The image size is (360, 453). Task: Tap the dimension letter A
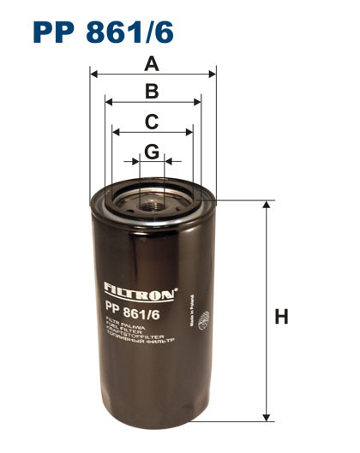pos(152,63)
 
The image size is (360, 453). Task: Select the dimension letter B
pos(152,91)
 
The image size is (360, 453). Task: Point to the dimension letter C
pos(152,121)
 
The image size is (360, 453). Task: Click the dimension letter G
pos(152,152)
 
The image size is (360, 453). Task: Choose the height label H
pos(280,317)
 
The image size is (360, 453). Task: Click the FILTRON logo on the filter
pos(139,289)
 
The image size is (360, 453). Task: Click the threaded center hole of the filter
pos(153,202)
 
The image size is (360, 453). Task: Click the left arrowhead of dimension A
pos(93,75)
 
